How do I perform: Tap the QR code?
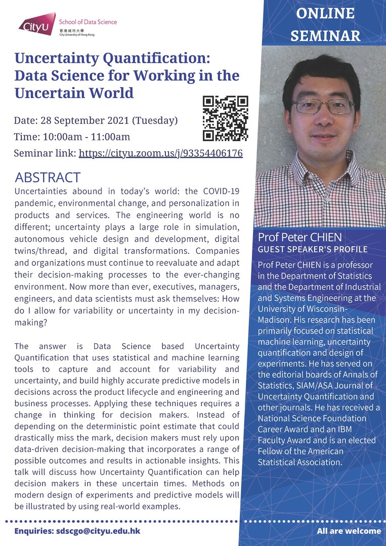[x=225, y=118]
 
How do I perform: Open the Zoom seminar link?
[x=160, y=153]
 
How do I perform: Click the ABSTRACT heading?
[x=48, y=177]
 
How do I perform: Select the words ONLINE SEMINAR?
[x=325, y=24]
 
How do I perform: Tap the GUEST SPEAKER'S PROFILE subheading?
[x=313, y=250]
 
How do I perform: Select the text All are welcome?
[x=349, y=531]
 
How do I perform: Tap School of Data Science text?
[x=88, y=22]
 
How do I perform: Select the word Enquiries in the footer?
[x=33, y=531]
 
